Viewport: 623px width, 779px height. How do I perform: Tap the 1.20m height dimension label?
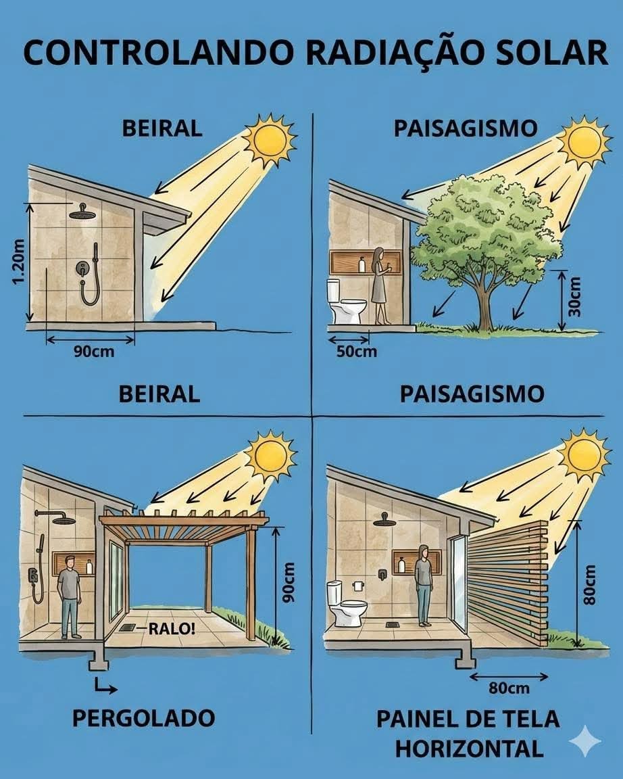coord(19,262)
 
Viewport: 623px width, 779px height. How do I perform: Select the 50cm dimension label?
coord(356,352)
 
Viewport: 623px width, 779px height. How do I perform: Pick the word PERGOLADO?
coord(143,718)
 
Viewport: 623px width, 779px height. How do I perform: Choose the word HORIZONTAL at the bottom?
coord(469,749)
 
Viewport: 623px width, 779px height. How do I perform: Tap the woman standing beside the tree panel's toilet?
coord(380,285)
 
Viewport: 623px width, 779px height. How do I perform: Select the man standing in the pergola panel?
coord(68,596)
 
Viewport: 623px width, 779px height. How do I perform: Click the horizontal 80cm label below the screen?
coord(509,688)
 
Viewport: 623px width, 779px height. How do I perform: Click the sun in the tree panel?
coord(584,143)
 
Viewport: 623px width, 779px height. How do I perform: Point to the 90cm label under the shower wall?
coord(94,352)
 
